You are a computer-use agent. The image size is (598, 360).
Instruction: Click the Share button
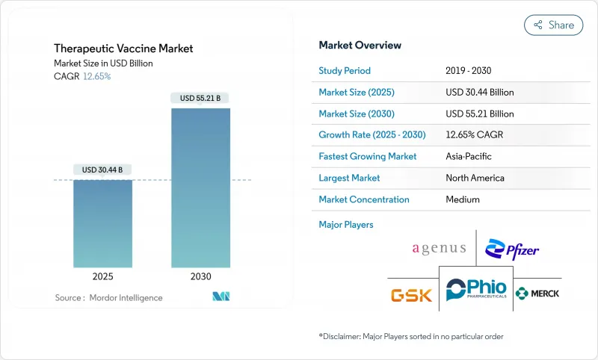pyautogui.click(x=553, y=25)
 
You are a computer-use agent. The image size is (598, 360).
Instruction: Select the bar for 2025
pyautogui.click(x=103, y=223)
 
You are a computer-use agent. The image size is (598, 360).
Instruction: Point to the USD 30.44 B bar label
pyautogui.click(x=103, y=170)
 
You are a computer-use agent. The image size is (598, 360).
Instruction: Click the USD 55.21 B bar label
pyautogui.click(x=200, y=98)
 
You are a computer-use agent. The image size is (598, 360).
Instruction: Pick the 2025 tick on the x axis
pyautogui.click(x=103, y=276)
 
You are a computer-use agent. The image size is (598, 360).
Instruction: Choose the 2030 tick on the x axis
pyautogui.click(x=200, y=276)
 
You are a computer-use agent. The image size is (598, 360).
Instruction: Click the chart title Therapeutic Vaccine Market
pyautogui.click(x=124, y=49)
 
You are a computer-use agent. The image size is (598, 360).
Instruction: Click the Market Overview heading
pyautogui.click(x=360, y=45)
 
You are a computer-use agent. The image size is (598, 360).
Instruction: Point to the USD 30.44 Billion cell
pyautogui.click(x=479, y=93)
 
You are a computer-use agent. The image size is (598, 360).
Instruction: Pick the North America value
pyautogui.click(x=474, y=178)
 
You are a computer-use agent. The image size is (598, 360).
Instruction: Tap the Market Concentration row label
pyautogui.click(x=364, y=199)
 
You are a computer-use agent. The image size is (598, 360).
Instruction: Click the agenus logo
pyautogui.click(x=439, y=249)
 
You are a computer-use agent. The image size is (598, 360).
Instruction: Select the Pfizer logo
pyautogui.click(x=512, y=249)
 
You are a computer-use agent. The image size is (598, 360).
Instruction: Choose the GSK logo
pyautogui.click(x=411, y=294)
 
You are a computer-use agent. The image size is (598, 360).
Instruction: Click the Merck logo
pyautogui.click(x=537, y=293)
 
